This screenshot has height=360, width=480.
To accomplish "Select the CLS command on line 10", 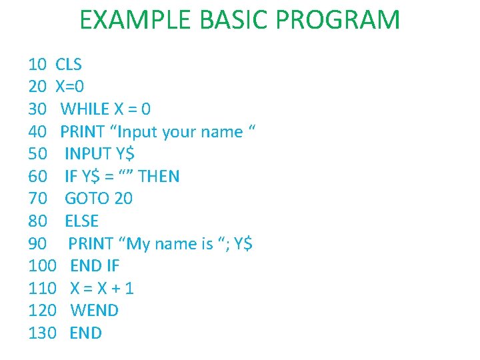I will pos(69,65).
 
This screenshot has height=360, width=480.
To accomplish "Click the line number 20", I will pos(37,87).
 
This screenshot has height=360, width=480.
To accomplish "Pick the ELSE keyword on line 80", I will pos(81,221).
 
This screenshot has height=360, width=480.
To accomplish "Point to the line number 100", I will pos(42,266).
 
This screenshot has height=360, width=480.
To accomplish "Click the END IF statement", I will pos(95,266).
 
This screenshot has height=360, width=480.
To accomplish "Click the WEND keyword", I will pos(94,311).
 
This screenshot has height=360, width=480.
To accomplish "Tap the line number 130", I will pos(42,333).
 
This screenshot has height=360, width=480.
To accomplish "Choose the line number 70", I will pos(37,199).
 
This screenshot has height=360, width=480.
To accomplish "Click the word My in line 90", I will pos(138,243).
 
